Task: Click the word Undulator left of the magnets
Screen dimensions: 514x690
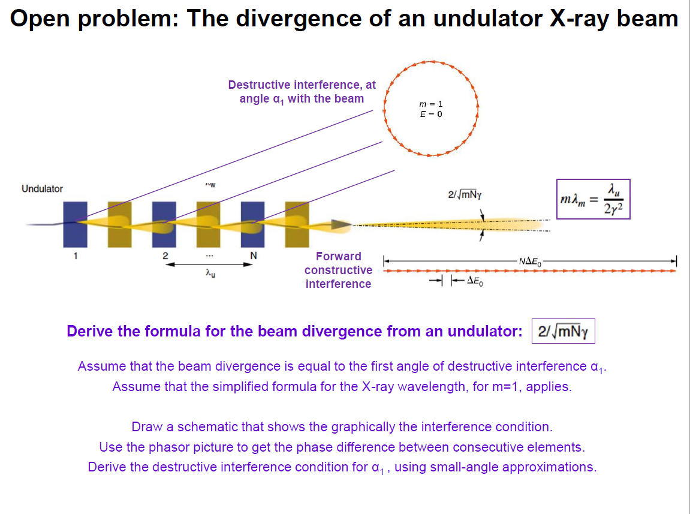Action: (x=42, y=189)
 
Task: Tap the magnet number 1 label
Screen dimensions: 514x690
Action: (x=76, y=256)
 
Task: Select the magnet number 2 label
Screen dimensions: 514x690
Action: (x=164, y=256)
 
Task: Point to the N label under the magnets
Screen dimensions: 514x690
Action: (x=254, y=256)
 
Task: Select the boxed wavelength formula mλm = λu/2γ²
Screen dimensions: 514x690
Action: (x=592, y=199)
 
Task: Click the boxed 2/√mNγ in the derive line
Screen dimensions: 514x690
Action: (x=563, y=331)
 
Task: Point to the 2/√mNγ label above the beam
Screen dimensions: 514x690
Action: (x=465, y=195)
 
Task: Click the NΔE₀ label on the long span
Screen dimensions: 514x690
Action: (x=530, y=261)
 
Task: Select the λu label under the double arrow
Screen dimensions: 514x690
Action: (x=207, y=273)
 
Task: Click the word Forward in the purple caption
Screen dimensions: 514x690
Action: (x=339, y=257)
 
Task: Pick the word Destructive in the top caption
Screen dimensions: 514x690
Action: (x=260, y=85)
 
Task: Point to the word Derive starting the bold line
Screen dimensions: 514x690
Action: (x=91, y=331)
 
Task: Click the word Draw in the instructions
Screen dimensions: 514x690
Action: (x=145, y=427)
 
